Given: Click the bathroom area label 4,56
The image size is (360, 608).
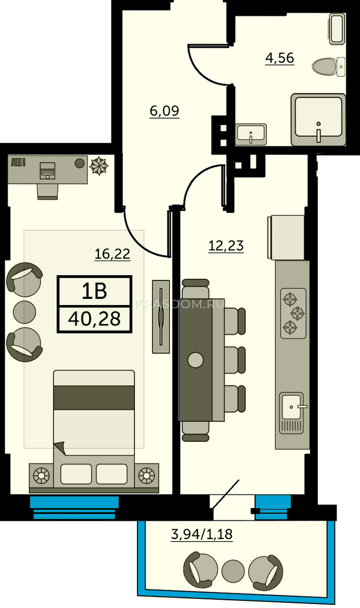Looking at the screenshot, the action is [279, 58].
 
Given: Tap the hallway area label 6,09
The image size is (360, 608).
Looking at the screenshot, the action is [164, 111].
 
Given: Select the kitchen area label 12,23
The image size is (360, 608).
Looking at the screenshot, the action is [226, 246].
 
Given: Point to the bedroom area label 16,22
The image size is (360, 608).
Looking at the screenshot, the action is [113, 254].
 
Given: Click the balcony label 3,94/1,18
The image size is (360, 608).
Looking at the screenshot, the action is [202, 534].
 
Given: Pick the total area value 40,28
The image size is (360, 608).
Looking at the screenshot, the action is [94, 319].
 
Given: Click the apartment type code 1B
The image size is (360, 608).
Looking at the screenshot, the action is [94, 291].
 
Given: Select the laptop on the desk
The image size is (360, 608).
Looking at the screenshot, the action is [48, 170].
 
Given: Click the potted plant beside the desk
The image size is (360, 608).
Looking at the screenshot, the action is [99, 166].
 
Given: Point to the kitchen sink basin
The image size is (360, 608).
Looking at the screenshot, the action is [292, 407].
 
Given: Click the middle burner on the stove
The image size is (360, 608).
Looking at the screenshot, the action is [298, 314].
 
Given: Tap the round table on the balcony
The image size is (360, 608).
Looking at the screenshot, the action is [233, 571].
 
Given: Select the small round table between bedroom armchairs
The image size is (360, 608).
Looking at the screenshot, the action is [24, 312].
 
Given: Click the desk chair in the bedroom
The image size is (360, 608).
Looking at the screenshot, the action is [48, 192].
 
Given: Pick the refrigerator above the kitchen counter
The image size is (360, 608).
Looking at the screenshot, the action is [286, 237].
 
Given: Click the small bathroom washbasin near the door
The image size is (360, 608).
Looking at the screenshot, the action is [250, 134].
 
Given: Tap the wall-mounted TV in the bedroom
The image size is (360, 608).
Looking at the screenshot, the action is [161, 317].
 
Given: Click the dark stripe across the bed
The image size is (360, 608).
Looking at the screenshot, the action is [94, 398].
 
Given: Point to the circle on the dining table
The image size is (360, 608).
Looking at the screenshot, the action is [195, 360].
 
